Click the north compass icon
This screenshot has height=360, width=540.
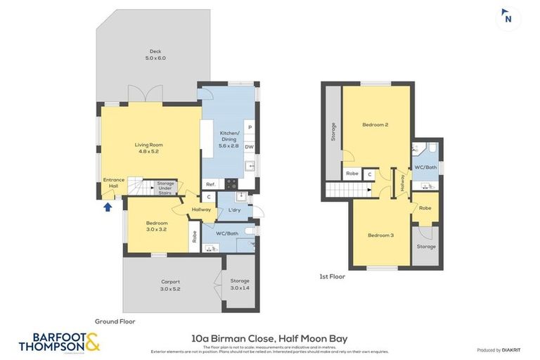pyautogui.click(x=507, y=18)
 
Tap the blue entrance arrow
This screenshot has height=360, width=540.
pyautogui.click(x=107, y=207)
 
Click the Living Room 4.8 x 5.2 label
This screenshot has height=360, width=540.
pyautogui.click(x=148, y=148)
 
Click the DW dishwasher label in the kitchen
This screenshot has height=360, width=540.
pyautogui.click(x=249, y=147)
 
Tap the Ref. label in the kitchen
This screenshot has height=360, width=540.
pyautogui.click(x=210, y=184)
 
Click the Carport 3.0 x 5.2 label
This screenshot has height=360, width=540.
pyautogui.click(x=171, y=285)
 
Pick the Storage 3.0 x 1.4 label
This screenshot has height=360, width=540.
pyautogui.click(x=240, y=285)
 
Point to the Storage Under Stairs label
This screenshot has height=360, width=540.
pyautogui.click(x=165, y=186)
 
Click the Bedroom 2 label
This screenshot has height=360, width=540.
pyautogui.click(x=375, y=125)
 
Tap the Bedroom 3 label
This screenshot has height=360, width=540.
pyautogui.click(x=380, y=235)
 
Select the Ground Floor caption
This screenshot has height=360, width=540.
pyautogui.click(x=115, y=321)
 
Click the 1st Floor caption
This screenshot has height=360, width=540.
pyautogui.click(x=333, y=276)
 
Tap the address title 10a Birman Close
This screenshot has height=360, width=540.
pyautogui.click(x=269, y=338)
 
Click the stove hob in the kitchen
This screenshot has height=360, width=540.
pyautogui.click(x=231, y=184)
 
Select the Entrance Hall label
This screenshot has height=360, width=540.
pyautogui.click(x=114, y=183)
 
